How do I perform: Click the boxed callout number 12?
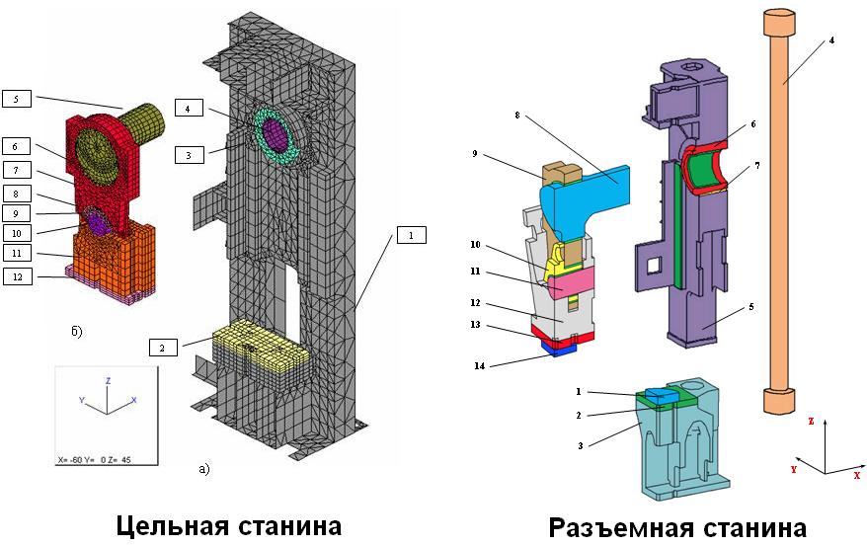click(x=18, y=276)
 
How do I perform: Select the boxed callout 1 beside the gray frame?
click(x=411, y=235)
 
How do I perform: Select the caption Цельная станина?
click(x=229, y=524)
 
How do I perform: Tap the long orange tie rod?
click(x=780, y=211)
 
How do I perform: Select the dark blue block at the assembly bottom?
click(x=560, y=348)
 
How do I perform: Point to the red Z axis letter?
click(x=811, y=422)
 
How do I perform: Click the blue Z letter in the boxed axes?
click(x=109, y=381)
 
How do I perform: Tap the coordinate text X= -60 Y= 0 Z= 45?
click(x=95, y=459)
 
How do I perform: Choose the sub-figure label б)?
click(x=76, y=332)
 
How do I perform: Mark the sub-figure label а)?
click(x=204, y=469)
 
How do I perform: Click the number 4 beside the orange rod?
click(x=831, y=40)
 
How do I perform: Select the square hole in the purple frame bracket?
click(x=653, y=266)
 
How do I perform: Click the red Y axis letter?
click(x=794, y=469)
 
